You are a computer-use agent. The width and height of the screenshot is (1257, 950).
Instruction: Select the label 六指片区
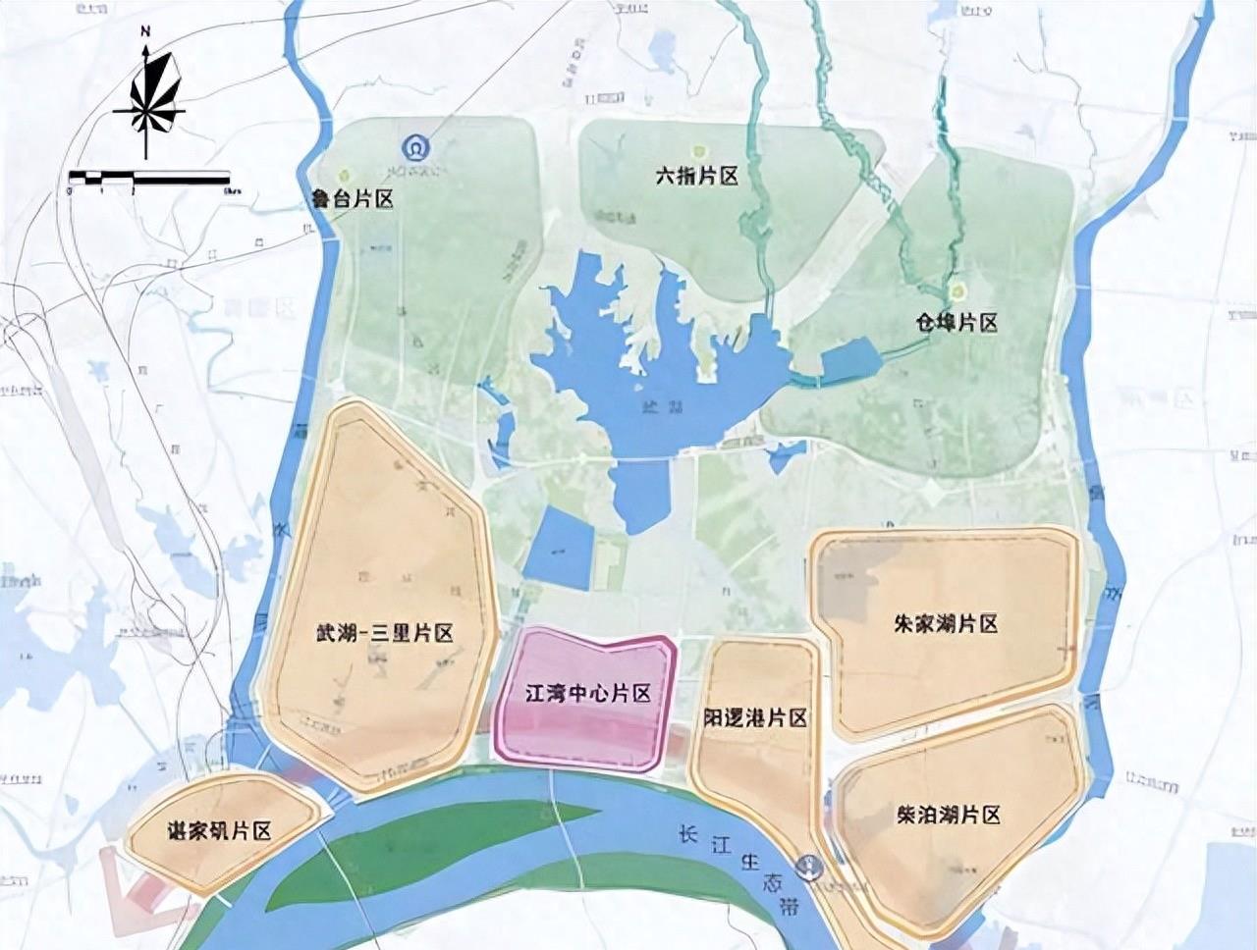[696, 177]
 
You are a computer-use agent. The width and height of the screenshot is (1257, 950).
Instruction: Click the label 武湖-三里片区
[385, 633]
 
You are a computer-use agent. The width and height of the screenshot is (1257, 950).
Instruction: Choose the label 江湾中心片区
[588, 694]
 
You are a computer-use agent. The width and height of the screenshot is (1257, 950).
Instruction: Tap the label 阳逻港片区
[755, 717]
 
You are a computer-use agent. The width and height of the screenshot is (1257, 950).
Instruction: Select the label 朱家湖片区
[947, 624]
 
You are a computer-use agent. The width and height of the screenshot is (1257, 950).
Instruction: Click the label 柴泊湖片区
[948, 815]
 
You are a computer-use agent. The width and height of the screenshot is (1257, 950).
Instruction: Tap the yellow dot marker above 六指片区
[698, 151]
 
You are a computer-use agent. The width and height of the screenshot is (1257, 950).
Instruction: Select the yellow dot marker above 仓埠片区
[955, 291]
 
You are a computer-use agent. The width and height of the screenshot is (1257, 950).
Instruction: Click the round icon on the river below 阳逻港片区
[811, 867]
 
